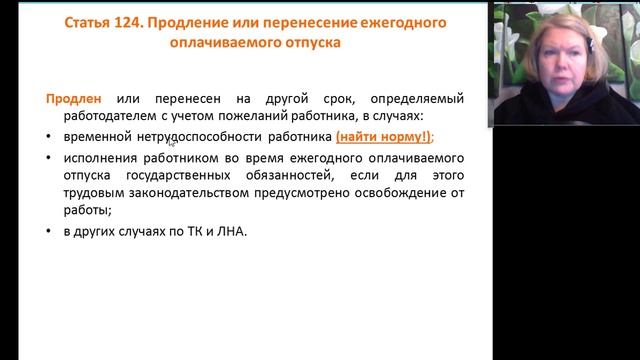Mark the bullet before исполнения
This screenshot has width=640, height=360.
(51, 158)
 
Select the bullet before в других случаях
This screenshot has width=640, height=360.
(51, 232)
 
